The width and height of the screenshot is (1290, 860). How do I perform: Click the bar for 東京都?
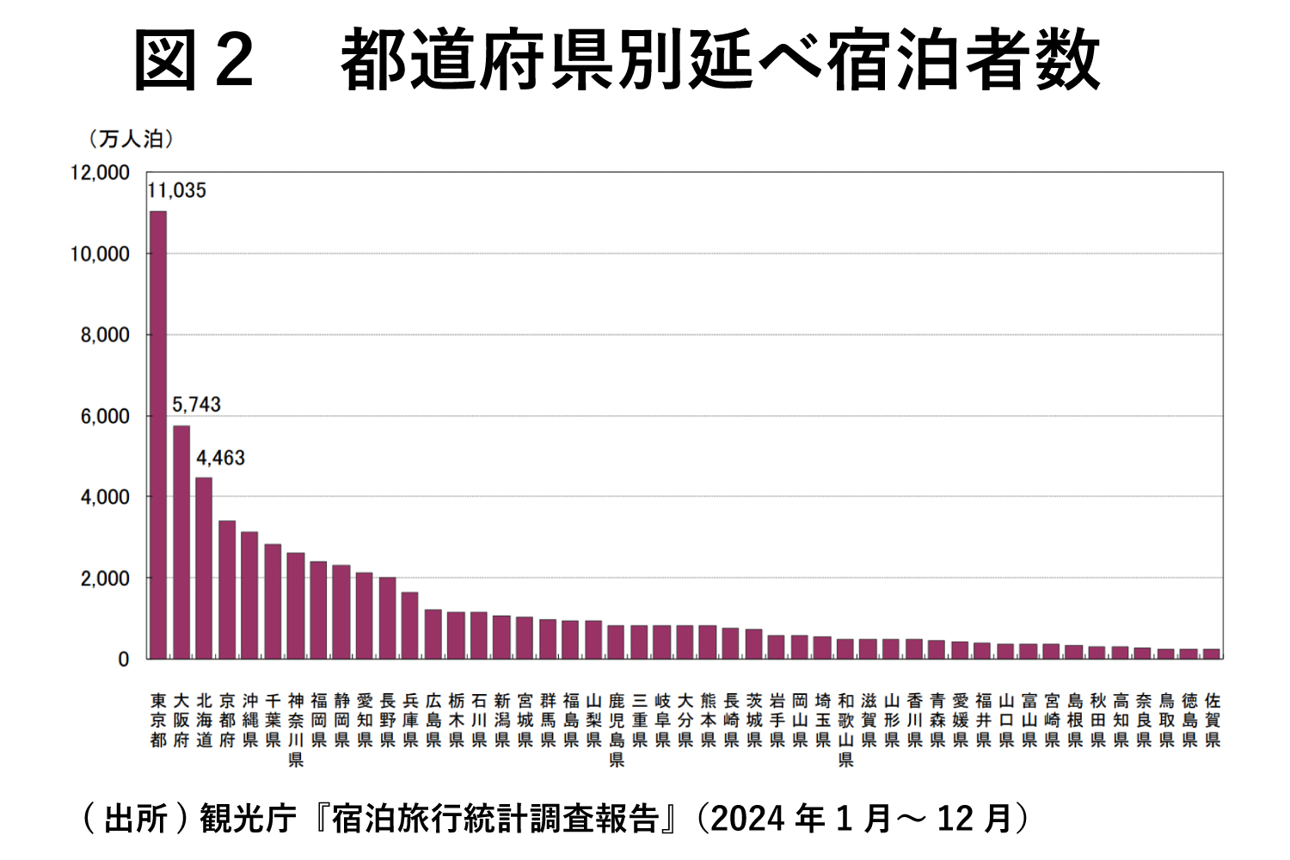(x=158, y=435)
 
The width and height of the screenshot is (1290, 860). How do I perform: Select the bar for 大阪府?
(x=181, y=542)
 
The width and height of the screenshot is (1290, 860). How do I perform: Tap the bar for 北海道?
(x=204, y=568)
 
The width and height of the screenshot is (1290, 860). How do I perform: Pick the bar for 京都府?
(x=227, y=589)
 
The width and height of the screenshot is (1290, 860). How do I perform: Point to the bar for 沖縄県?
(x=249, y=595)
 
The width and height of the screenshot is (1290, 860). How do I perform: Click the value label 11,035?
(x=177, y=191)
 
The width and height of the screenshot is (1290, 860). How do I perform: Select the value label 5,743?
(x=196, y=404)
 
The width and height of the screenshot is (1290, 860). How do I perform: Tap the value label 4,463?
(x=220, y=458)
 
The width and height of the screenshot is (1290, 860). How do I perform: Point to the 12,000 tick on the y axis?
(x=100, y=173)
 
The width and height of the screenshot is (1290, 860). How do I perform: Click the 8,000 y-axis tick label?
(x=105, y=335)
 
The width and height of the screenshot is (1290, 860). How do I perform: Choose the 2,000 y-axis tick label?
(x=105, y=579)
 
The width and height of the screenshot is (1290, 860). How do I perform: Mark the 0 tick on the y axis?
(x=123, y=660)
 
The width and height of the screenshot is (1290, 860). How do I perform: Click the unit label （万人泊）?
(x=130, y=138)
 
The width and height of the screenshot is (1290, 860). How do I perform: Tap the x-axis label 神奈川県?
(x=296, y=729)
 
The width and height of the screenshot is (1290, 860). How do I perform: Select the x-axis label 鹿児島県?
(x=617, y=729)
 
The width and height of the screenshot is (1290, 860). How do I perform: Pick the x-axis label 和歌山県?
(x=845, y=729)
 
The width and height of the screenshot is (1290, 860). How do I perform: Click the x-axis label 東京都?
(x=158, y=720)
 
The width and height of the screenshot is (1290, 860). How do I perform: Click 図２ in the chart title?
(x=194, y=60)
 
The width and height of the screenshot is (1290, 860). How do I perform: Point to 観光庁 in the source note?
(x=248, y=818)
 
